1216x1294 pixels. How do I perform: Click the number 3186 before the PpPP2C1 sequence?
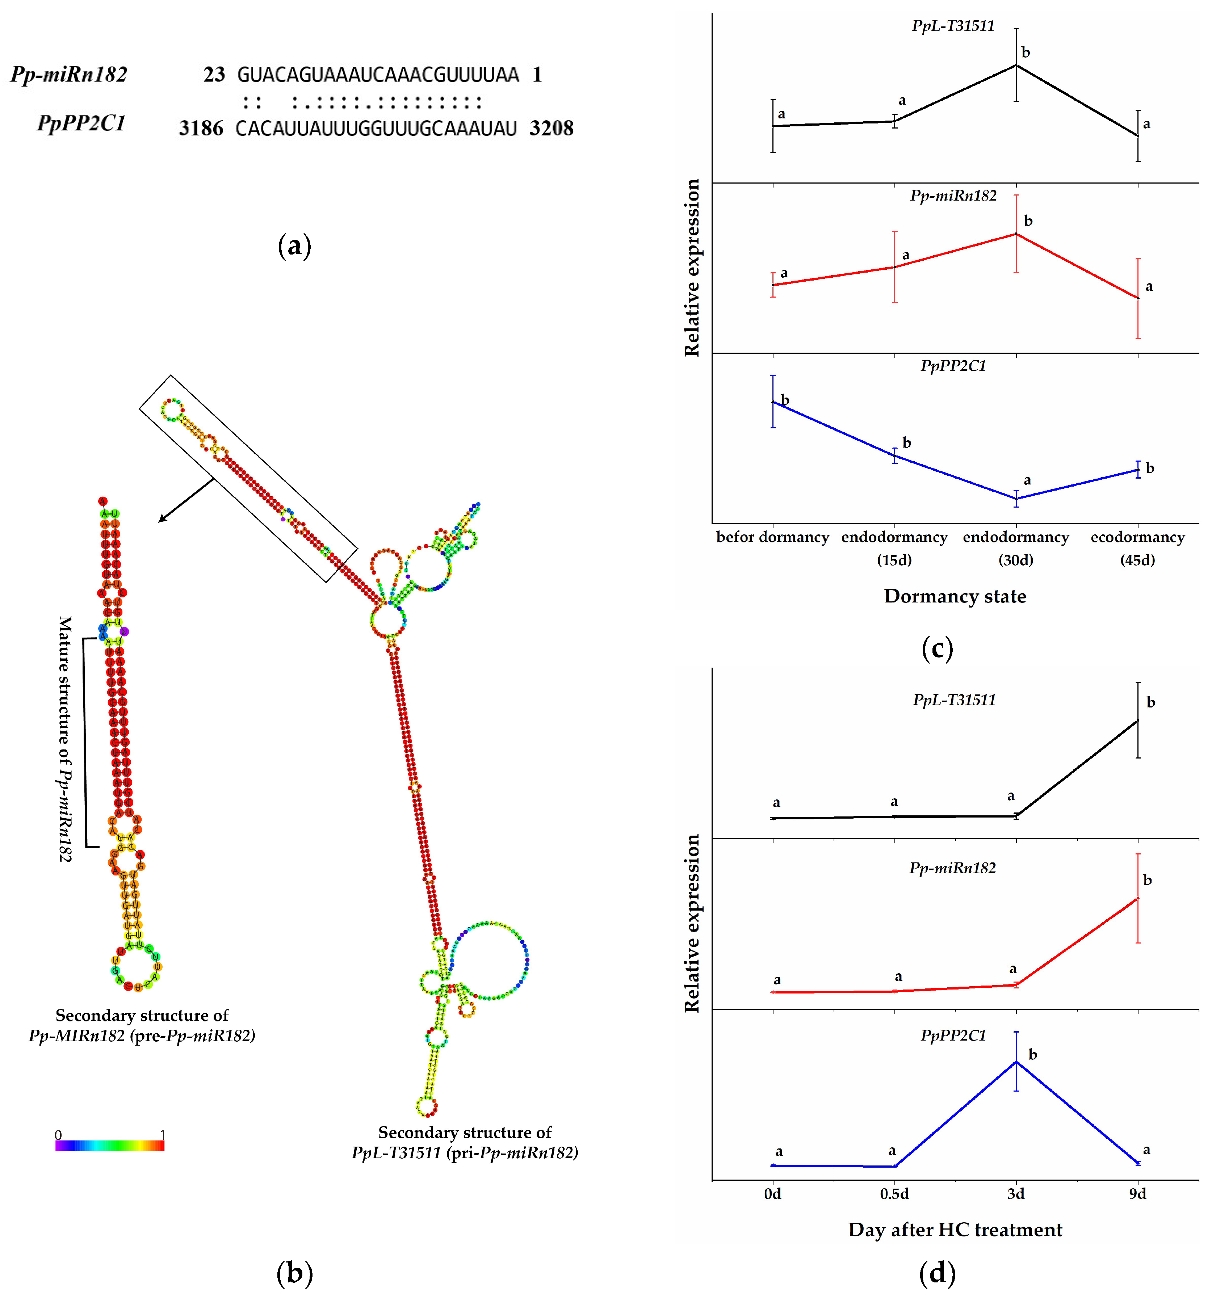[x=201, y=128]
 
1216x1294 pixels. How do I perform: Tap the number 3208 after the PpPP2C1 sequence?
[x=552, y=128]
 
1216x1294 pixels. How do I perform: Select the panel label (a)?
[x=294, y=246]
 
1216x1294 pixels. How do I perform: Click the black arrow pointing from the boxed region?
[x=185, y=500]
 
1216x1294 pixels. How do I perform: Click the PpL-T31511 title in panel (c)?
[x=953, y=26]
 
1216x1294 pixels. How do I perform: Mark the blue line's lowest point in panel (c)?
[x=1016, y=499]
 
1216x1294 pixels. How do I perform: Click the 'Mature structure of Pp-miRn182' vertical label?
[x=65, y=739]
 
